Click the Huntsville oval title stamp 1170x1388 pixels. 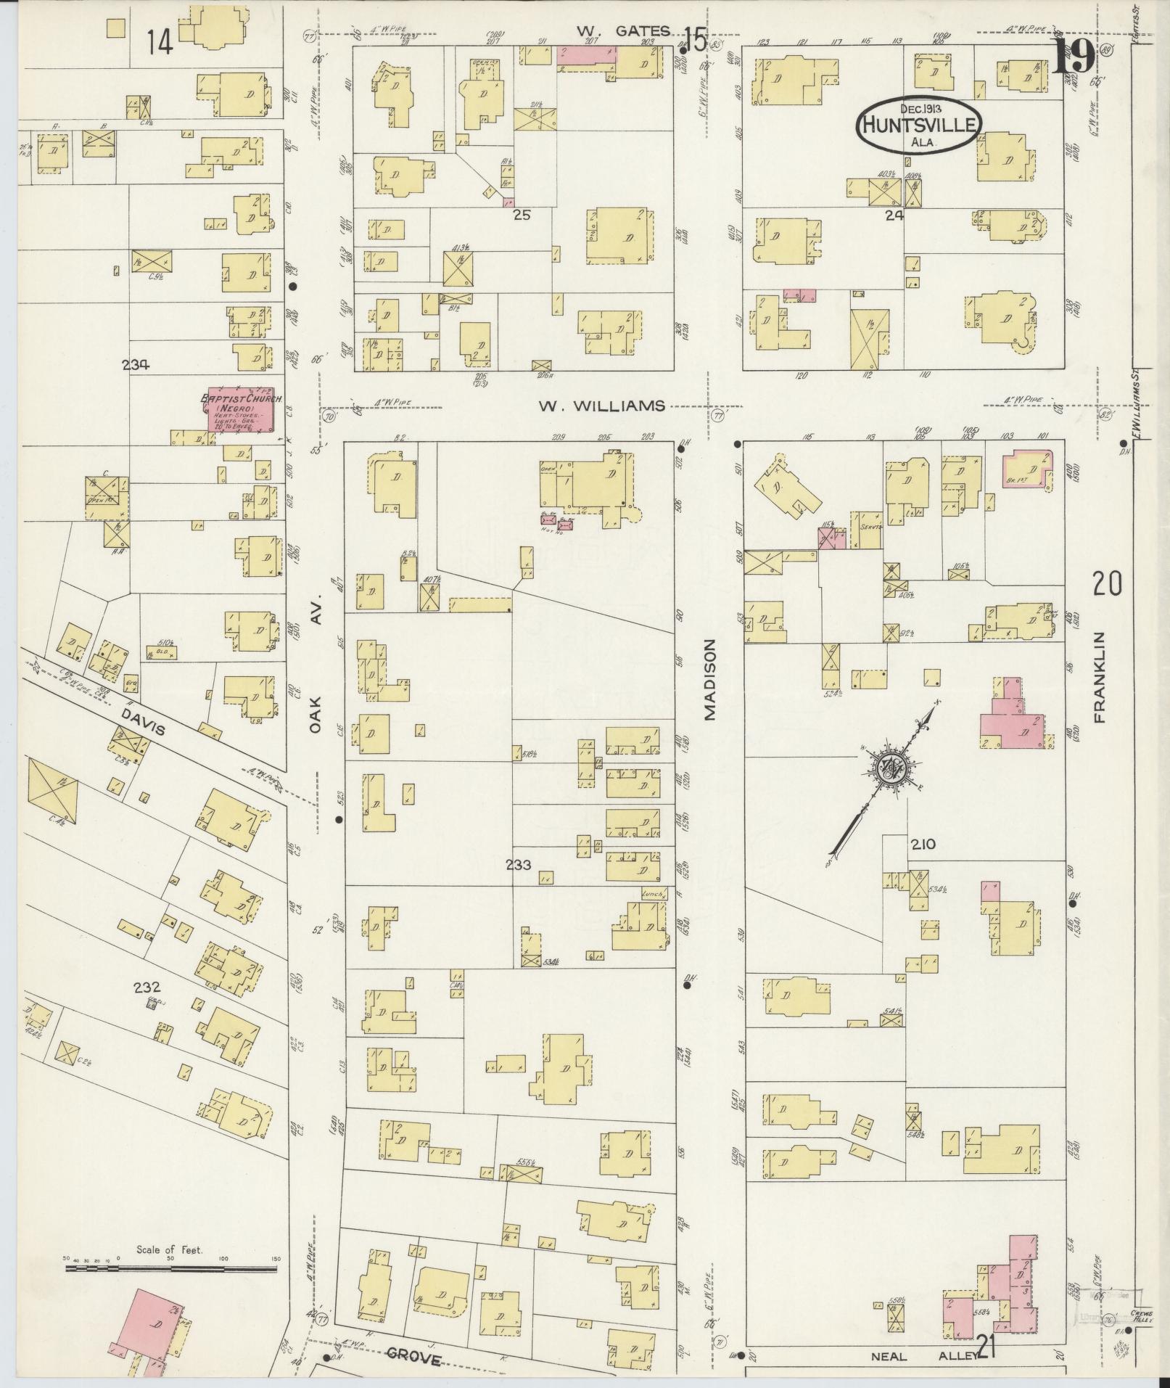(x=919, y=125)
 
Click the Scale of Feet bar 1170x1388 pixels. (x=172, y=760)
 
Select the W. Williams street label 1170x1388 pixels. (x=601, y=406)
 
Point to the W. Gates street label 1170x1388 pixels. (x=623, y=30)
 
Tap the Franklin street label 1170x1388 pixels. (x=1099, y=677)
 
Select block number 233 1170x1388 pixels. (x=519, y=864)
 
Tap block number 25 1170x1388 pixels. (x=522, y=215)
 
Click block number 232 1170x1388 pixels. (x=147, y=987)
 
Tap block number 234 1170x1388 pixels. (x=136, y=366)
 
